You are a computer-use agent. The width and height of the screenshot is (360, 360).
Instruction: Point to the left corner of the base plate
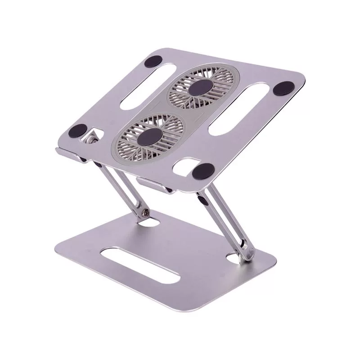click(57, 245)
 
